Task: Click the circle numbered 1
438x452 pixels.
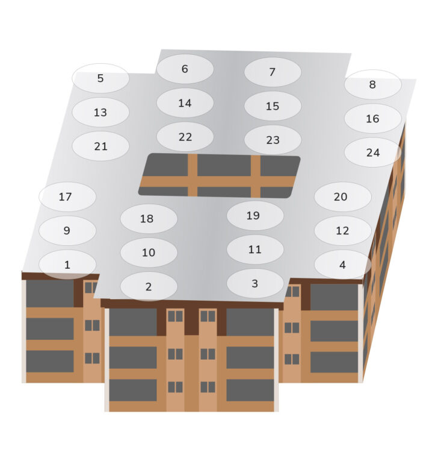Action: click(x=67, y=265)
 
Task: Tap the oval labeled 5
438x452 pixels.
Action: click(x=100, y=78)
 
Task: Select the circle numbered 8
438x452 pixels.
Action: click(x=372, y=84)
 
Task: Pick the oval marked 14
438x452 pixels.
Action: click(x=185, y=103)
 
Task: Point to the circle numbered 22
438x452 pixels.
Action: click(x=185, y=137)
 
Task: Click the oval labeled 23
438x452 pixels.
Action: click(x=273, y=140)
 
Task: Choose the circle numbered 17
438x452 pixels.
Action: click(x=67, y=196)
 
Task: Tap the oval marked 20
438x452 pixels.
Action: click(x=343, y=196)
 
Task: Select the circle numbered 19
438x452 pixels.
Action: click(x=255, y=215)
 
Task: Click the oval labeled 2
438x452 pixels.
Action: click(x=149, y=286)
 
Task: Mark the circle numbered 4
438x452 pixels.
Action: click(x=343, y=265)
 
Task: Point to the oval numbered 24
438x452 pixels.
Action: click(x=372, y=152)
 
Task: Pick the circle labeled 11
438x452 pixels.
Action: click(x=255, y=250)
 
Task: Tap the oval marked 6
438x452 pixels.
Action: click(x=185, y=69)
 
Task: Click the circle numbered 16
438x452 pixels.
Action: click(x=372, y=119)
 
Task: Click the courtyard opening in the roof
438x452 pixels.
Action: click(x=219, y=175)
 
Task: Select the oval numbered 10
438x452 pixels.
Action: click(x=149, y=253)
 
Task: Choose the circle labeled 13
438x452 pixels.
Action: click(x=100, y=112)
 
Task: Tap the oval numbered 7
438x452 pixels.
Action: click(x=273, y=72)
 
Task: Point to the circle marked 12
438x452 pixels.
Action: click(x=343, y=231)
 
